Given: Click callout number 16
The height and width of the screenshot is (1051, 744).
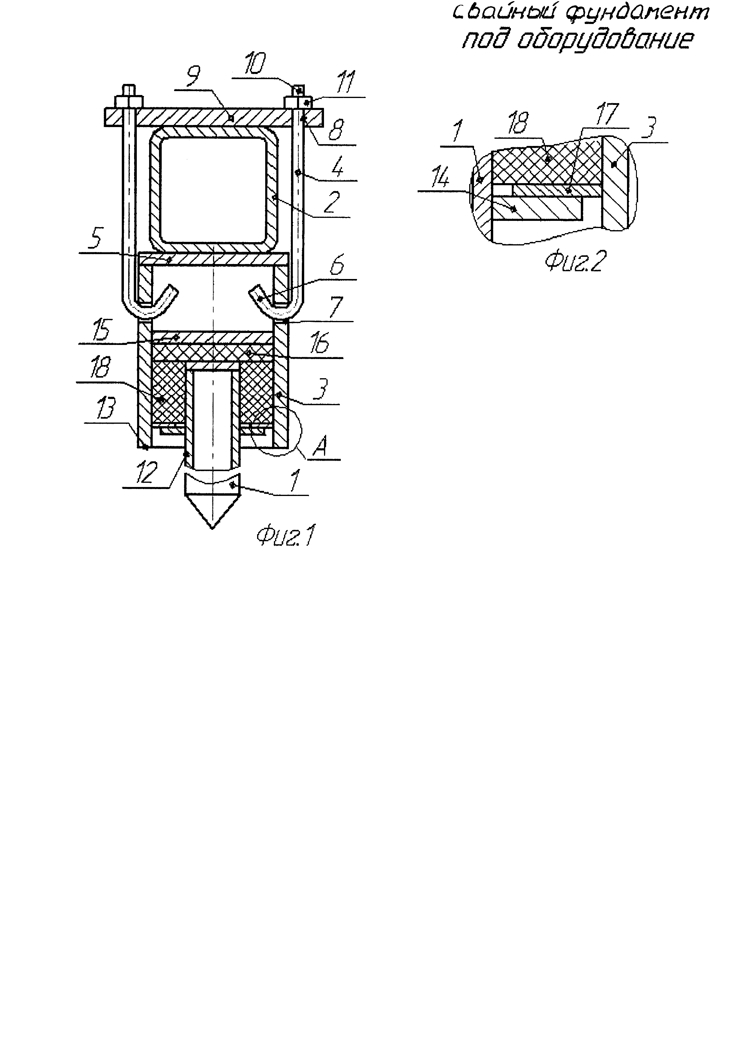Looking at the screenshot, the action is click(319, 343).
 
